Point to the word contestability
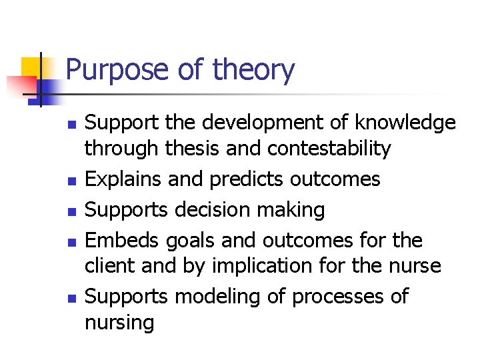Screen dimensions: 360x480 click(x=329, y=149)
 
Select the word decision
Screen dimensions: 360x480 click(x=215, y=210)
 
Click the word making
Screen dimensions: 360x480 click(x=293, y=210)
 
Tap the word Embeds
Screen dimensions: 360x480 click(x=123, y=240)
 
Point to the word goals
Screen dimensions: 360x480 click(x=191, y=241)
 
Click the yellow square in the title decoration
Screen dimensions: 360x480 click(x=31, y=67)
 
